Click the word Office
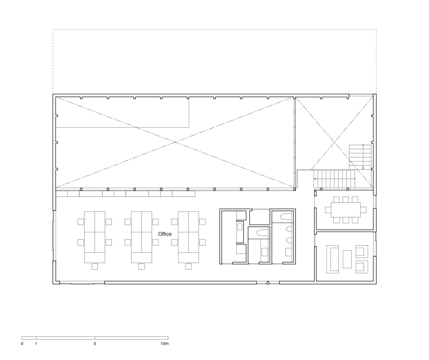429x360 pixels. pyautogui.click(x=165, y=234)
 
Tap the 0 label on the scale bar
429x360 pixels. pyautogui.click(x=22, y=344)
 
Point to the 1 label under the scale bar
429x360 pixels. pyautogui.click(x=36, y=344)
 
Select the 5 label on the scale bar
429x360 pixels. pyautogui.click(x=95, y=344)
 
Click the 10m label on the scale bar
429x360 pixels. pyautogui.click(x=165, y=344)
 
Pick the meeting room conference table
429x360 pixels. pyautogui.click(x=345, y=210)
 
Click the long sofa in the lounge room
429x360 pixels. pyautogui.click(x=332, y=259)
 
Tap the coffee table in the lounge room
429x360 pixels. pyautogui.click(x=347, y=259)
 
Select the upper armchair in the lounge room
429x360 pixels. pyautogui.click(x=362, y=252)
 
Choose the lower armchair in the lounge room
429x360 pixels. pyautogui.click(x=362, y=267)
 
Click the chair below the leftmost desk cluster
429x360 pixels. pyautogui.click(x=95, y=266)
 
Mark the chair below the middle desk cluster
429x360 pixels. pyautogui.click(x=142, y=266)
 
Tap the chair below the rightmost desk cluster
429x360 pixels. pyautogui.click(x=188, y=266)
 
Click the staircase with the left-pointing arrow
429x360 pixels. pyautogui.click(x=334, y=179)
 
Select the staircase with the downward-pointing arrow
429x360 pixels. pyautogui.click(x=360, y=157)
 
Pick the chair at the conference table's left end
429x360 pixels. pyautogui.click(x=328, y=210)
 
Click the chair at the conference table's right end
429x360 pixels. pyautogui.click(x=363, y=210)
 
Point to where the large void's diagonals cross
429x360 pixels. pyautogui.click(x=175, y=142)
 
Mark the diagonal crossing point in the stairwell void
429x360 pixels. pyautogui.click(x=334, y=142)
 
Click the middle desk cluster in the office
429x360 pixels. pyautogui.click(x=142, y=237)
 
